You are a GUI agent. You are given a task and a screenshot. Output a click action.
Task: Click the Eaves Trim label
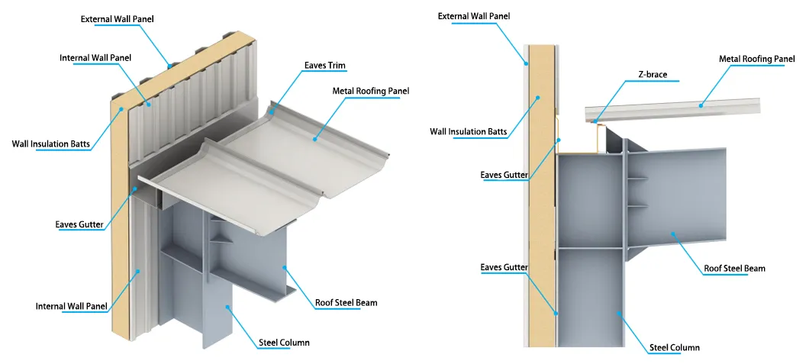pyautogui.click(x=326, y=66)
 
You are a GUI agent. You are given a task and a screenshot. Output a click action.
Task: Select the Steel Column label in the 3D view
pyautogui.click(x=284, y=343)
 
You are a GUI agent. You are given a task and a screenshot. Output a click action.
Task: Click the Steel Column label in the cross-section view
pyautogui.click(x=674, y=348)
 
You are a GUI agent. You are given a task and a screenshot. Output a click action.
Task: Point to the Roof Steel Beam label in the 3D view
pyautogui.click(x=346, y=303)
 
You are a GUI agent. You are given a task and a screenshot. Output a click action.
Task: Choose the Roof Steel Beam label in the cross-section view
pyautogui.click(x=734, y=269)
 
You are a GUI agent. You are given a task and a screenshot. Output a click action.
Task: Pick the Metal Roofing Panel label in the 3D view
pyautogui.click(x=371, y=91)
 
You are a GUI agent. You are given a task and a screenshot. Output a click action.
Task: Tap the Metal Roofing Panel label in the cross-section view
pyautogui.click(x=757, y=59)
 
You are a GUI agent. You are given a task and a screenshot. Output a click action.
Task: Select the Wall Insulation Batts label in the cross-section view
pyautogui.click(x=468, y=131)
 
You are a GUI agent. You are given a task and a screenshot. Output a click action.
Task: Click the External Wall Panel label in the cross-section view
pyautogui.click(x=473, y=16)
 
